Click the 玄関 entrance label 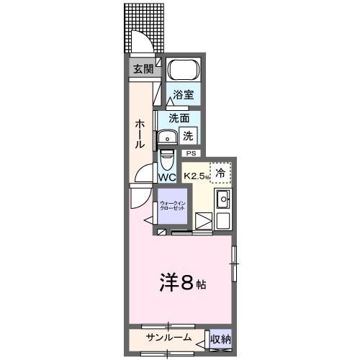pos(143,69)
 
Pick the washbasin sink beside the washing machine pos(169,137)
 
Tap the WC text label pos(167,177)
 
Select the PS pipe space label pos(191,153)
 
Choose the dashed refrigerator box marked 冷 pos(221,172)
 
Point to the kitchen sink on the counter pos(223,199)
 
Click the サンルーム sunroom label pos(169,338)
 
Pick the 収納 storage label pos(220,338)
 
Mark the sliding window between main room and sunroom pos(167,326)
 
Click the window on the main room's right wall pos(233,263)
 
